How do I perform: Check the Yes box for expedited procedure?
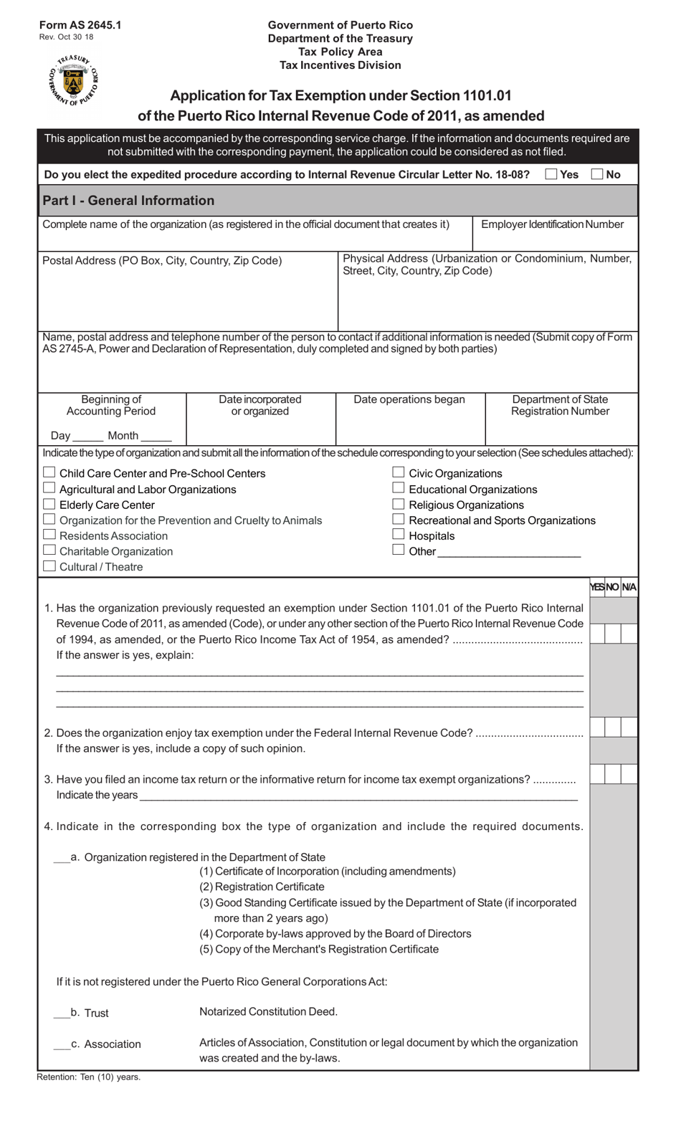point(551,174)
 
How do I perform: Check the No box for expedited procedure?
point(596,174)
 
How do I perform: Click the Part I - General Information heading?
point(128,201)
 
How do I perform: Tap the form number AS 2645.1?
point(80,25)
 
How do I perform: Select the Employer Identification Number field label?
point(552,224)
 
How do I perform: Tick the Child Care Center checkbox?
point(49,472)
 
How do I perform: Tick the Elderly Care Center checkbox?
point(49,504)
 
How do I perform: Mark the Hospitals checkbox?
point(399,535)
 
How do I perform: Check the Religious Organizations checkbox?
point(399,504)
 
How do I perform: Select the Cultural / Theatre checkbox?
point(49,566)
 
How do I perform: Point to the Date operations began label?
point(409,400)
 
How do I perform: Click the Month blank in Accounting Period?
point(156,437)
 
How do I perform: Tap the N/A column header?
point(629,587)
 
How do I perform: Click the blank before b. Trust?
point(62,1013)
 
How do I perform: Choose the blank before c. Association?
point(62,1045)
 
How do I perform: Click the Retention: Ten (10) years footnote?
point(89,1077)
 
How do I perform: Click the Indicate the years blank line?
point(358,796)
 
